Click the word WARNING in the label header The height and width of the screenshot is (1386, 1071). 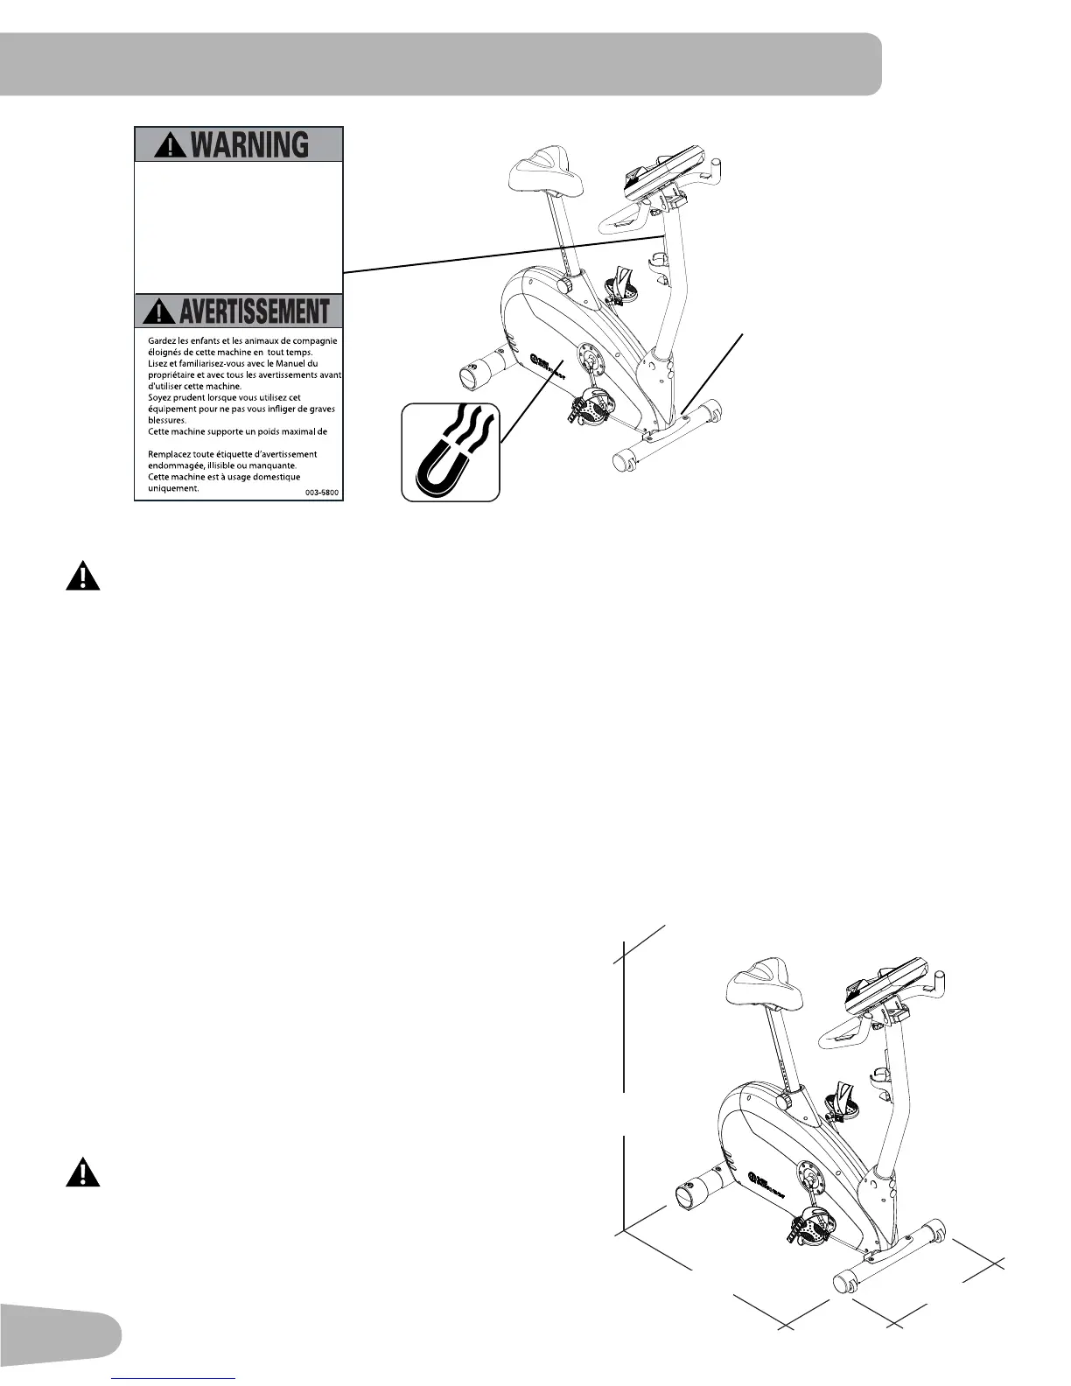pos(249,144)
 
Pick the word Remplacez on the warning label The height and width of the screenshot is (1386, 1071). pos(173,454)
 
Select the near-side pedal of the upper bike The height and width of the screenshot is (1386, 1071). pos(589,408)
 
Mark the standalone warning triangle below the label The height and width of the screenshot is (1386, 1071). pos(83,577)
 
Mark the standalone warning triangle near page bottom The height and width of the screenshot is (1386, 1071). pos(83,1172)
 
